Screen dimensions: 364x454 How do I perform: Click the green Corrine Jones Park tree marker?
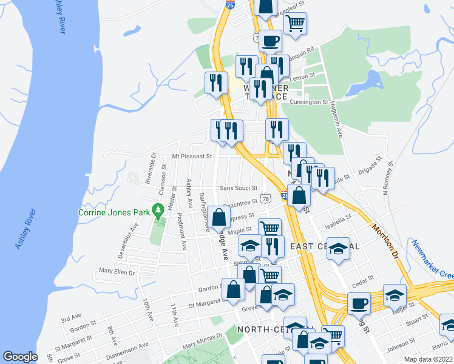coord(159,212)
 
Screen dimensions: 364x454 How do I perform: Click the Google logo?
coord(20,357)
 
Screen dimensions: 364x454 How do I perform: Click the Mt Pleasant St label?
coord(191,156)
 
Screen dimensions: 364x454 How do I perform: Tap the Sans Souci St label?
coord(239,188)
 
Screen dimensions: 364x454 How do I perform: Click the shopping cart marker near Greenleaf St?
coord(295,23)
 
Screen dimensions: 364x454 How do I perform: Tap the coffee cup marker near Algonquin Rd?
coord(270,41)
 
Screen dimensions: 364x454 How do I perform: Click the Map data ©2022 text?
coord(429,359)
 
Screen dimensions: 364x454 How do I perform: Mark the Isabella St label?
coord(340,217)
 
